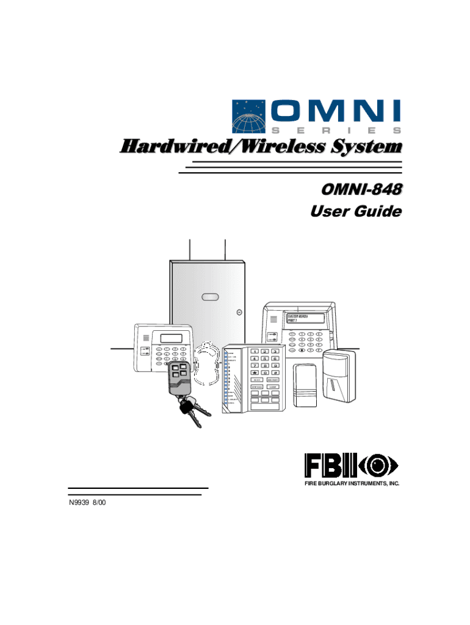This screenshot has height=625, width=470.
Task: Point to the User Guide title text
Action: pos(356,212)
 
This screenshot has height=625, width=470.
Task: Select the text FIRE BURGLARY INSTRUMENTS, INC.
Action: pos(352,483)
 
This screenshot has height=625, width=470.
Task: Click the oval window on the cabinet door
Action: pos(209,297)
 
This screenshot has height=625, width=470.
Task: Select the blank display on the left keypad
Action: pos(170,338)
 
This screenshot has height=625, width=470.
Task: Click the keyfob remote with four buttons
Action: pos(179,378)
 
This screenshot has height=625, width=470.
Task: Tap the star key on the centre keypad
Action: pos(252,373)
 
